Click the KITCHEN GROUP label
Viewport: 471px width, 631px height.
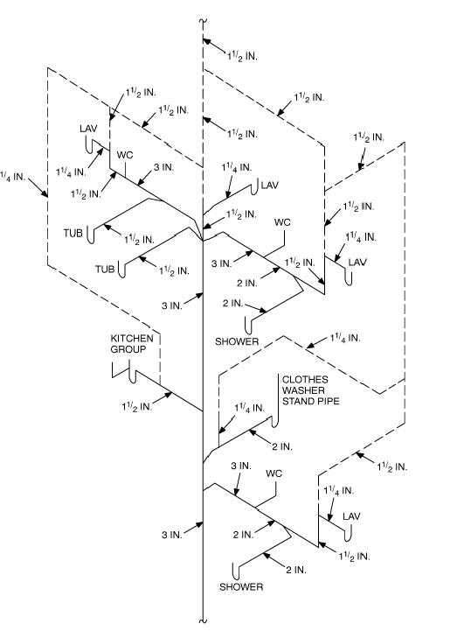click(x=132, y=344)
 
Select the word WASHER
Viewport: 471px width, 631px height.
click(x=303, y=390)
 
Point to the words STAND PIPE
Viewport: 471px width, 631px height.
click(x=311, y=401)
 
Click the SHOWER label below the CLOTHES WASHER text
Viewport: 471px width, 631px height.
click(x=241, y=586)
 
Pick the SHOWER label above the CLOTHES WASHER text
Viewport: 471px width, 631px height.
click(x=237, y=341)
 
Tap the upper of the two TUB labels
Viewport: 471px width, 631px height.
click(x=73, y=233)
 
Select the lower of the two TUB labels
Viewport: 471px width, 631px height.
click(x=105, y=269)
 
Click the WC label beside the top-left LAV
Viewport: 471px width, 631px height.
click(x=125, y=155)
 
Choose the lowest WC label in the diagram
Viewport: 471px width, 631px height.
click(x=274, y=473)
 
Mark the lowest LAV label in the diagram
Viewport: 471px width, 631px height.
click(x=351, y=516)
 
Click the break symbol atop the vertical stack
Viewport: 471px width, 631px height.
click(x=203, y=21)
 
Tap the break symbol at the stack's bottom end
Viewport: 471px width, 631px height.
click(x=203, y=621)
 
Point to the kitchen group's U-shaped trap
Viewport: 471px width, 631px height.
click(x=133, y=376)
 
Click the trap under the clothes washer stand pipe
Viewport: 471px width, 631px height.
click(x=275, y=422)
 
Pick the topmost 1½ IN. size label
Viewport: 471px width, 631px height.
click(x=242, y=56)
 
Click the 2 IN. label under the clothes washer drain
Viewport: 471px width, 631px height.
click(x=282, y=446)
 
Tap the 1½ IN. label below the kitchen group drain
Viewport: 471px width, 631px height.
click(x=137, y=406)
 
